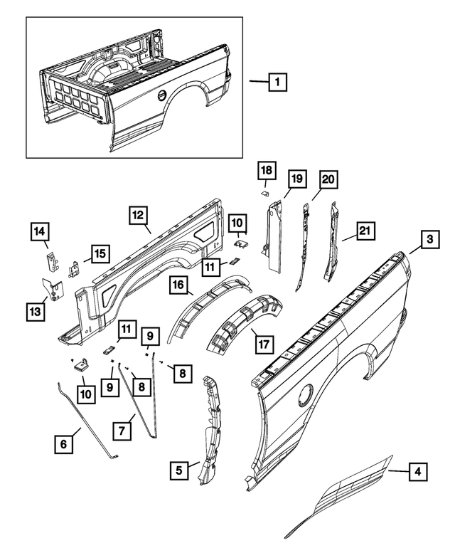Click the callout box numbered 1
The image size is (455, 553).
pos(277,83)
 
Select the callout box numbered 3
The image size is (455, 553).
pos(429,241)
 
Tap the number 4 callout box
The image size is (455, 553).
pos(419,470)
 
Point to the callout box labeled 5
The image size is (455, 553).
pos(180,469)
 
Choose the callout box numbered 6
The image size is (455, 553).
pos(64,444)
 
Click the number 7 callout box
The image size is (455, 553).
pos(122,429)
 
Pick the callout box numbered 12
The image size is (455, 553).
pos(139,214)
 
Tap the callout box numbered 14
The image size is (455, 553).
pos(40,232)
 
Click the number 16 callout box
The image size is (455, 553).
pos(178,286)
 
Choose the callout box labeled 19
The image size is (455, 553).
pos(296,179)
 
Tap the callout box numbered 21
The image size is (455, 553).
pos(365,231)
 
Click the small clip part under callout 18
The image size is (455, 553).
pos(264,191)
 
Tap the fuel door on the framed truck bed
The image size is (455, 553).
pos(162,95)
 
